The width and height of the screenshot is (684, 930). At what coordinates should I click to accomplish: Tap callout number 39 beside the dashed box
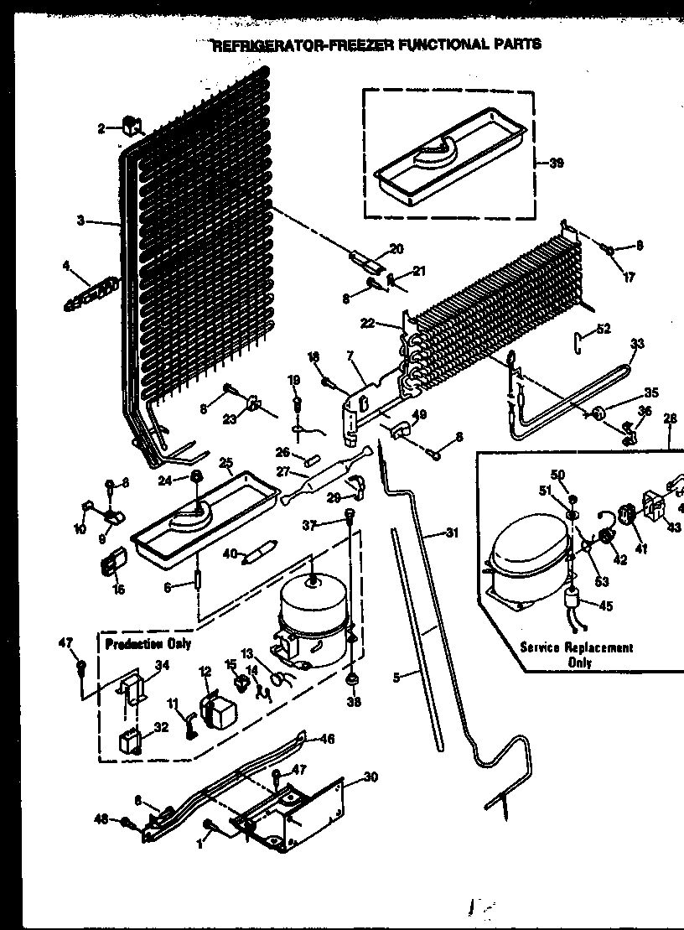click(x=554, y=163)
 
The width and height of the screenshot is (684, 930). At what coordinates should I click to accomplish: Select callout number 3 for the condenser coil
click(x=80, y=221)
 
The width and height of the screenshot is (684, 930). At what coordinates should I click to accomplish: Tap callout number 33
click(x=637, y=343)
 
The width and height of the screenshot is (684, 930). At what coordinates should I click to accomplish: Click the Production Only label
click(x=148, y=643)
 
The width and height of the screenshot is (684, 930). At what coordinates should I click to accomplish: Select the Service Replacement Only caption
click(x=576, y=654)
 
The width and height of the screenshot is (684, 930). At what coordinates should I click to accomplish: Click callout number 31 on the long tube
click(x=453, y=532)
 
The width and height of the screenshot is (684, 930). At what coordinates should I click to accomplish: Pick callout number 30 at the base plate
click(x=370, y=777)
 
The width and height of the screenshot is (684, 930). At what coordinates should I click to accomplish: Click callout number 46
click(x=327, y=739)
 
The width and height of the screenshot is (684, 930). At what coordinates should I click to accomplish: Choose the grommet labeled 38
click(x=353, y=678)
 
